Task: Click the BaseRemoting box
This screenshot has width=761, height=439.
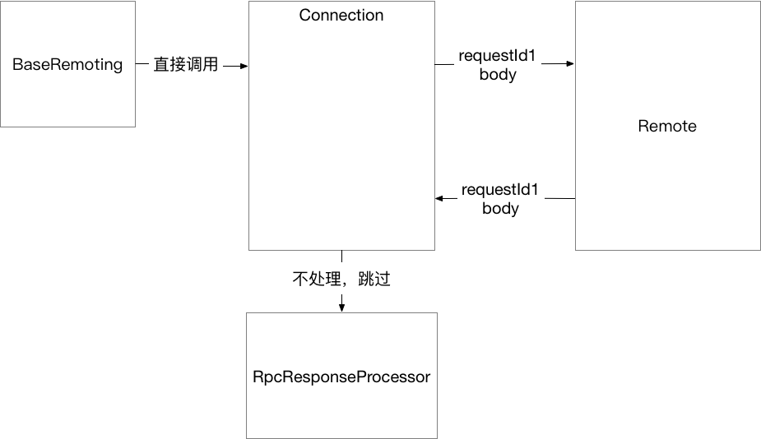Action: click(67, 64)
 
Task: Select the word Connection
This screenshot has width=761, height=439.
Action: click(341, 15)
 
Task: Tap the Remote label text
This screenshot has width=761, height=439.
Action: click(666, 126)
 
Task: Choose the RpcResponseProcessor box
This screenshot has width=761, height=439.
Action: click(341, 375)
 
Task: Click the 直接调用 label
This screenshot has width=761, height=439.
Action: click(186, 64)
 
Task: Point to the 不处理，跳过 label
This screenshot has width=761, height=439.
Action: click(341, 280)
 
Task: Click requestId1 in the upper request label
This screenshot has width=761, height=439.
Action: click(497, 57)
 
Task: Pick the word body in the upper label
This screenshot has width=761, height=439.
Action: click(497, 75)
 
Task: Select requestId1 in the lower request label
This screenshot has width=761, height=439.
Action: click(500, 190)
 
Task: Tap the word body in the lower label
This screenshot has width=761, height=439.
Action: click(500, 208)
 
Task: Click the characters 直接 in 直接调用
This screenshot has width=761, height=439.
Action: click(169, 64)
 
